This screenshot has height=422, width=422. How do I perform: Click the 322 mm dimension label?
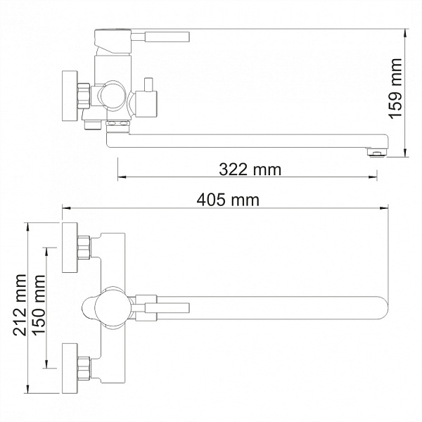tap(249, 170)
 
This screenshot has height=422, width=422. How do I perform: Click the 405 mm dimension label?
tap(228, 200)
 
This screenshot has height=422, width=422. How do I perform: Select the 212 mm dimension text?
tap(20, 307)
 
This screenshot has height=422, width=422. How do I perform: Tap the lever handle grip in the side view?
tap(169, 36)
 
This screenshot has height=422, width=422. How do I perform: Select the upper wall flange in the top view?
tap(70, 247)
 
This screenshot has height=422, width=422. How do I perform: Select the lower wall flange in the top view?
tap(70, 367)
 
